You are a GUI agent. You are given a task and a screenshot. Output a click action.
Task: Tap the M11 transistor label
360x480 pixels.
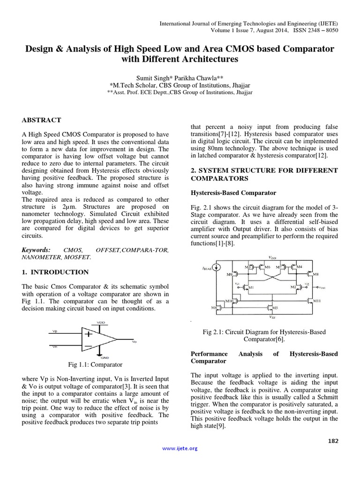pyautogui.click(x=317, y=300)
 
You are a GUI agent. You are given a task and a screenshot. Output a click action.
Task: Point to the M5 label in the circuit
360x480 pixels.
pyautogui.click(x=275, y=307)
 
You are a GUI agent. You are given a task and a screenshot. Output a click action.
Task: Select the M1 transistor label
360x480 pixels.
pyautogui.click(x=251, y=287)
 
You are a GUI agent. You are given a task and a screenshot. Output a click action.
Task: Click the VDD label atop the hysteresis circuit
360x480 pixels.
pyautogui.click(x=272, y=257)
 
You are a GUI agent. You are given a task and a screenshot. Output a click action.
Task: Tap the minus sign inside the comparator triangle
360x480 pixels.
pyautogui.click(x=88, y=347)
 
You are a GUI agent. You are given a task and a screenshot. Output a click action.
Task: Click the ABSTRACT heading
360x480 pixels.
pyautogui.click(x=41, y=120)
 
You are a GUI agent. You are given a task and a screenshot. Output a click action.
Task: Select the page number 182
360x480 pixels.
pyautogui.click(x=332, y=441)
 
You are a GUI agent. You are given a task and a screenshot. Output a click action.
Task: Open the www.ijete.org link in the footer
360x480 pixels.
pyautogui.click(x=180, y=448)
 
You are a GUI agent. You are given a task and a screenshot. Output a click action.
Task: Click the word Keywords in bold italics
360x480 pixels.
pyautogui.click(x=37, y=250)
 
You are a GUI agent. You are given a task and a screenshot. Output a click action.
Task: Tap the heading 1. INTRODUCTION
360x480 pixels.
pyautogui.click(x=55, y=272)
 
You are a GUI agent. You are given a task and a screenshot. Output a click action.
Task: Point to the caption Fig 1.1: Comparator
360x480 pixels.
pyautogui.click(x=95, y=364)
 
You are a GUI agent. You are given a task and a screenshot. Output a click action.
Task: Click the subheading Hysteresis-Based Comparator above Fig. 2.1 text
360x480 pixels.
pyautogui.click(x=232, y=193)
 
